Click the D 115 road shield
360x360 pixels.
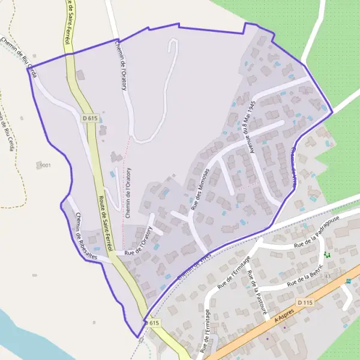tap(305, 302)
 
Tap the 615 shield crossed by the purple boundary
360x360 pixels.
tap(152, 323)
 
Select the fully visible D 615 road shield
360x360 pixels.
tap(89, 118)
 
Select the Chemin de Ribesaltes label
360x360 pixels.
tap(87, 236)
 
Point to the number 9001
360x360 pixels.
tap(45, 164)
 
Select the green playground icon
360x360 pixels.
tap(328, 255)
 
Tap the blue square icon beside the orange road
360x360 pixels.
tap(348, 281)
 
